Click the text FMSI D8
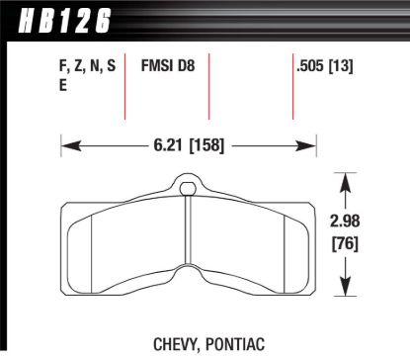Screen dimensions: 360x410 181,67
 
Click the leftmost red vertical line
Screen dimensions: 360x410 124,86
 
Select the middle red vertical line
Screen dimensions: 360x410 208,86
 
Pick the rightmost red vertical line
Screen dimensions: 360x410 292,86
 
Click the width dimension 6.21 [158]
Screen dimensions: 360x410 189,144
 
